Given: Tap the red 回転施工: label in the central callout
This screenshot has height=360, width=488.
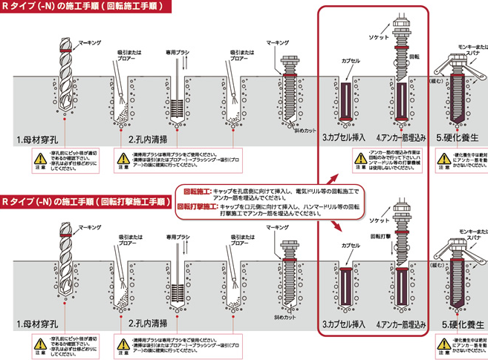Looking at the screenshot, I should [x=196, y=191].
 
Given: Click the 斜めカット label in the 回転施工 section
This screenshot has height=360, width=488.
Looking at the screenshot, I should [x=299, y=130].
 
